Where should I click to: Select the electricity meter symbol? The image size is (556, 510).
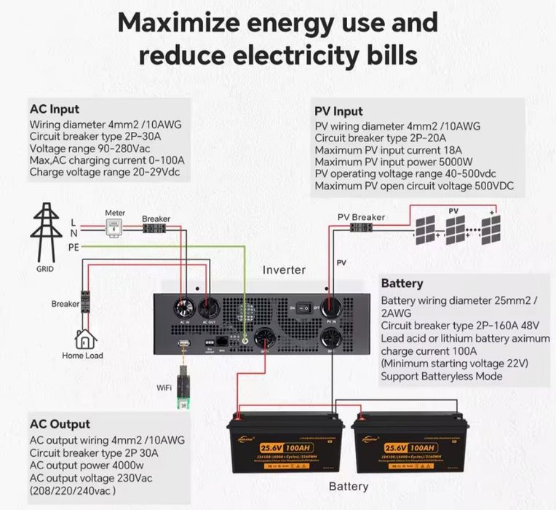115,229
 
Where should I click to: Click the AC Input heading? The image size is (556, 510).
55,109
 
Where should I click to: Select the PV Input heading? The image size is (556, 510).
338,111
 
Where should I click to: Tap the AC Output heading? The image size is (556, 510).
60,424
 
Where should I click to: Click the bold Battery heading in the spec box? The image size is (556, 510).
402,283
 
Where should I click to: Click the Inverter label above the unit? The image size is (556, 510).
284,270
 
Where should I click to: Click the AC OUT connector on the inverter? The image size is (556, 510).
208,305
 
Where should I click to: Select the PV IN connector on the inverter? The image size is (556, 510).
332,305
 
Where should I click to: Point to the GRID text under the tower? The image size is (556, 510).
45,267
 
